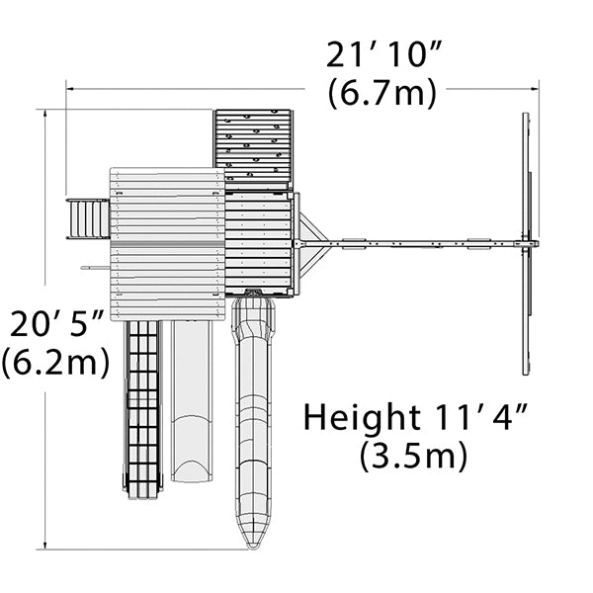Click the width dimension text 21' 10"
(383, 55)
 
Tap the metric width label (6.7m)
(381, 94)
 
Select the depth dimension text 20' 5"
(56, 324)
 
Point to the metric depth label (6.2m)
(55, 363)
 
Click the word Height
(363, 418)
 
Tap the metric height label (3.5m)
(413, 456)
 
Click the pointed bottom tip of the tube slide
(253, 549)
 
